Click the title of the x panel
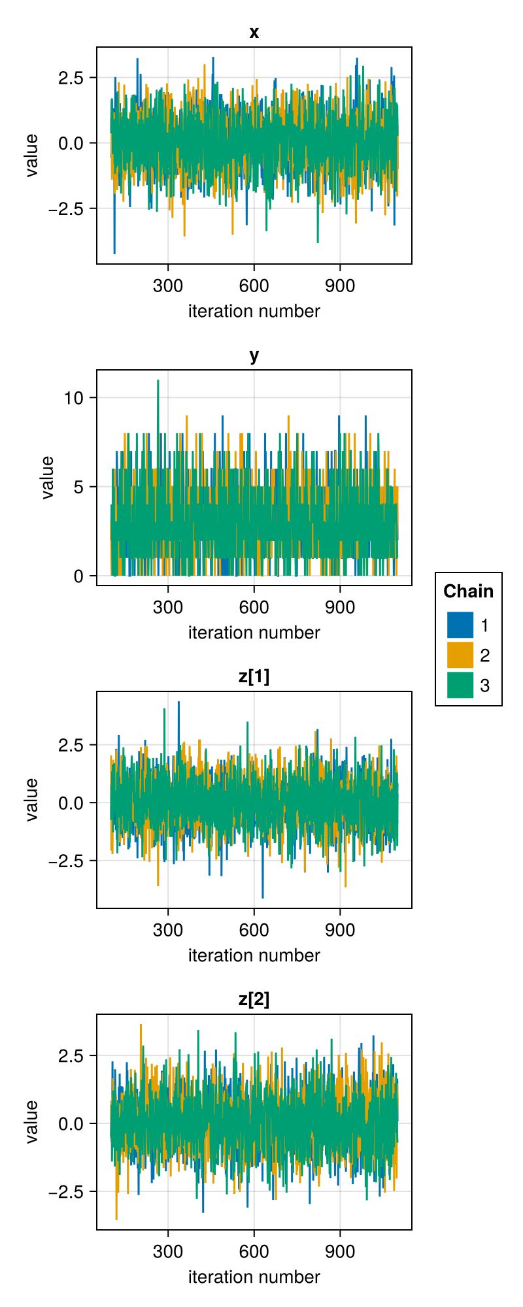(x=254, y=32)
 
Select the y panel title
(x=254, y=356)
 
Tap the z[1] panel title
(x=254, y=676)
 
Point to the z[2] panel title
(x=254, y=999)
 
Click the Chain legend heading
(x=469, y=591)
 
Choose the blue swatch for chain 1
(x=460, y=625)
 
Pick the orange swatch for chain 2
(x=460, y=655)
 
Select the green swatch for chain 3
(x=460, y=685)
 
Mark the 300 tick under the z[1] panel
(x=168, y=929)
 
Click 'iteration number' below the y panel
(x=254, y=633)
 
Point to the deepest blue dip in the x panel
(x=114, y=252)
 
